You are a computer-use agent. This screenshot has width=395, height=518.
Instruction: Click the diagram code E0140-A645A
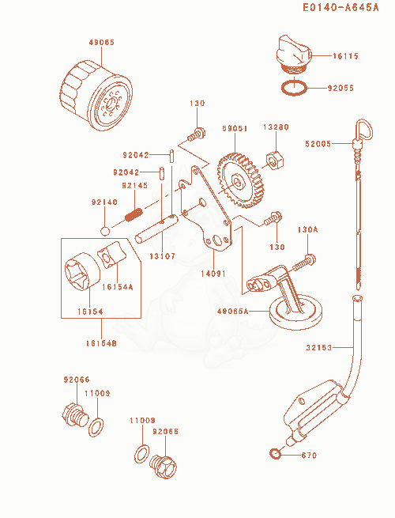pos(340,7)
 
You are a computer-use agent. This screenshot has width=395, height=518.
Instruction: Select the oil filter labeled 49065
pos(96,95)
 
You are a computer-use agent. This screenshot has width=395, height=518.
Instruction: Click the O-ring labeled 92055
pos(294,88)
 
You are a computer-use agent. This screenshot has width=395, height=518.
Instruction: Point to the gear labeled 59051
pos(241,180)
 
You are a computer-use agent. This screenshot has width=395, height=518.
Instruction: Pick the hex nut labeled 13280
pos(274,160)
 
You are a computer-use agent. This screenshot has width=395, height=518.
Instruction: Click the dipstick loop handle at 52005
pos(363,130)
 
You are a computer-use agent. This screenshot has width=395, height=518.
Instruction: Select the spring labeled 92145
pos(134,214)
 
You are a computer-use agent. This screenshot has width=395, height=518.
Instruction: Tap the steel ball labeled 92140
pos(105,231)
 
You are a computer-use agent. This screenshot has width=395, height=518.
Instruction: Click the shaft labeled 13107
pos(156,229)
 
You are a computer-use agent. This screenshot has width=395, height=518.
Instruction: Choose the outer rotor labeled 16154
pos(82,271)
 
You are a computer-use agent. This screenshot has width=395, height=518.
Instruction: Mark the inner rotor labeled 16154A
pos(111,254)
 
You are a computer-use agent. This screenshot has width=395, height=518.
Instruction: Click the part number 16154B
pos(101,343)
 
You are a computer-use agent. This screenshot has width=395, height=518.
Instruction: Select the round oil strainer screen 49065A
pos(295,312)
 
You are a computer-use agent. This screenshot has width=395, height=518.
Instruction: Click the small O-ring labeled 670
pos(275,454)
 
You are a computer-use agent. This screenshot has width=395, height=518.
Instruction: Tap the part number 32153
pos(319,347)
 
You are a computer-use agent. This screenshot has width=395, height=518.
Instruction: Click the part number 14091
pos(213,274)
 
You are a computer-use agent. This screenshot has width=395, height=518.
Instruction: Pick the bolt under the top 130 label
pos(197,134)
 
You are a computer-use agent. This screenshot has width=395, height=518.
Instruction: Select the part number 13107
pos(163,256)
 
